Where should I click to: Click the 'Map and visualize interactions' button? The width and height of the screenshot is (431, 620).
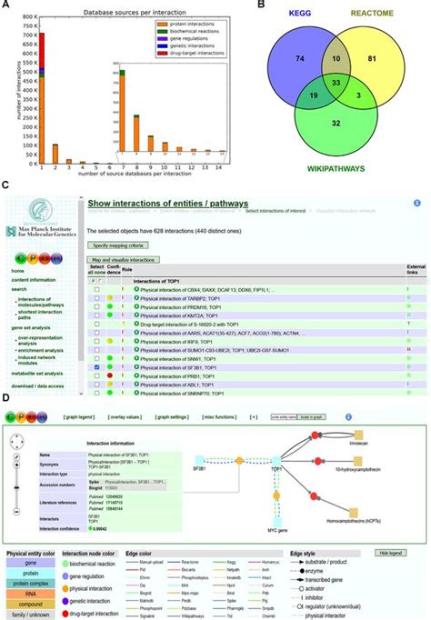pyautogui.click(x=122, y=259)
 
